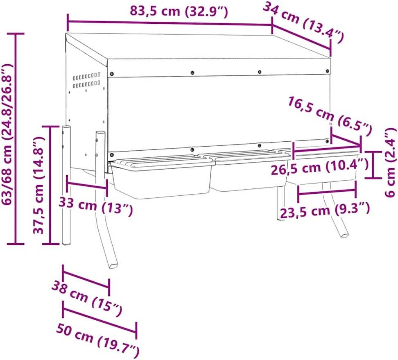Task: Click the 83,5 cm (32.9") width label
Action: [179, 11]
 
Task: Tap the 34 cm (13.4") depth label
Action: [303, 23]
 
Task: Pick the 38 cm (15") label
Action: [87, 299]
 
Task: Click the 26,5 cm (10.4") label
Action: [320, 167]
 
